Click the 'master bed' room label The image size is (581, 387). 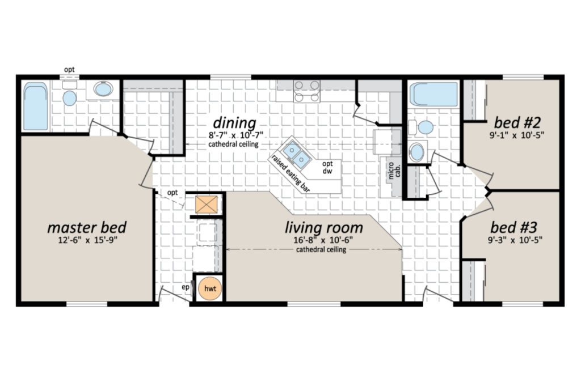[87, 228]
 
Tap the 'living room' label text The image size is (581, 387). [324, 228]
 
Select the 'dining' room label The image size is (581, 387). [234, 122]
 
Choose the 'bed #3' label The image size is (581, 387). [514, 227]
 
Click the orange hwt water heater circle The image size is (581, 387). [210, 288]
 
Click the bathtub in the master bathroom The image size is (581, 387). [36, 106]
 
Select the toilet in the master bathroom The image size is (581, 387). [69, 95]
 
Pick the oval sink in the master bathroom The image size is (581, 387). [103, 89]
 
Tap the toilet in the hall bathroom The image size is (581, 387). [422, 127]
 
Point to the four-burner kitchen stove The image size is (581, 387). [307, 91]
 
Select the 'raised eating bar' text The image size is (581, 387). [290, 173]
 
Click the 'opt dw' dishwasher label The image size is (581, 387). [327, 167]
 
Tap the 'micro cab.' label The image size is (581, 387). [394, 171]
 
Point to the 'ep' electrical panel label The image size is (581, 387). [186, 287]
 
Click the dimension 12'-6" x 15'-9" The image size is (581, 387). [87, 240]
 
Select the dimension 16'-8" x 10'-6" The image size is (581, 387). [323, 240]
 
